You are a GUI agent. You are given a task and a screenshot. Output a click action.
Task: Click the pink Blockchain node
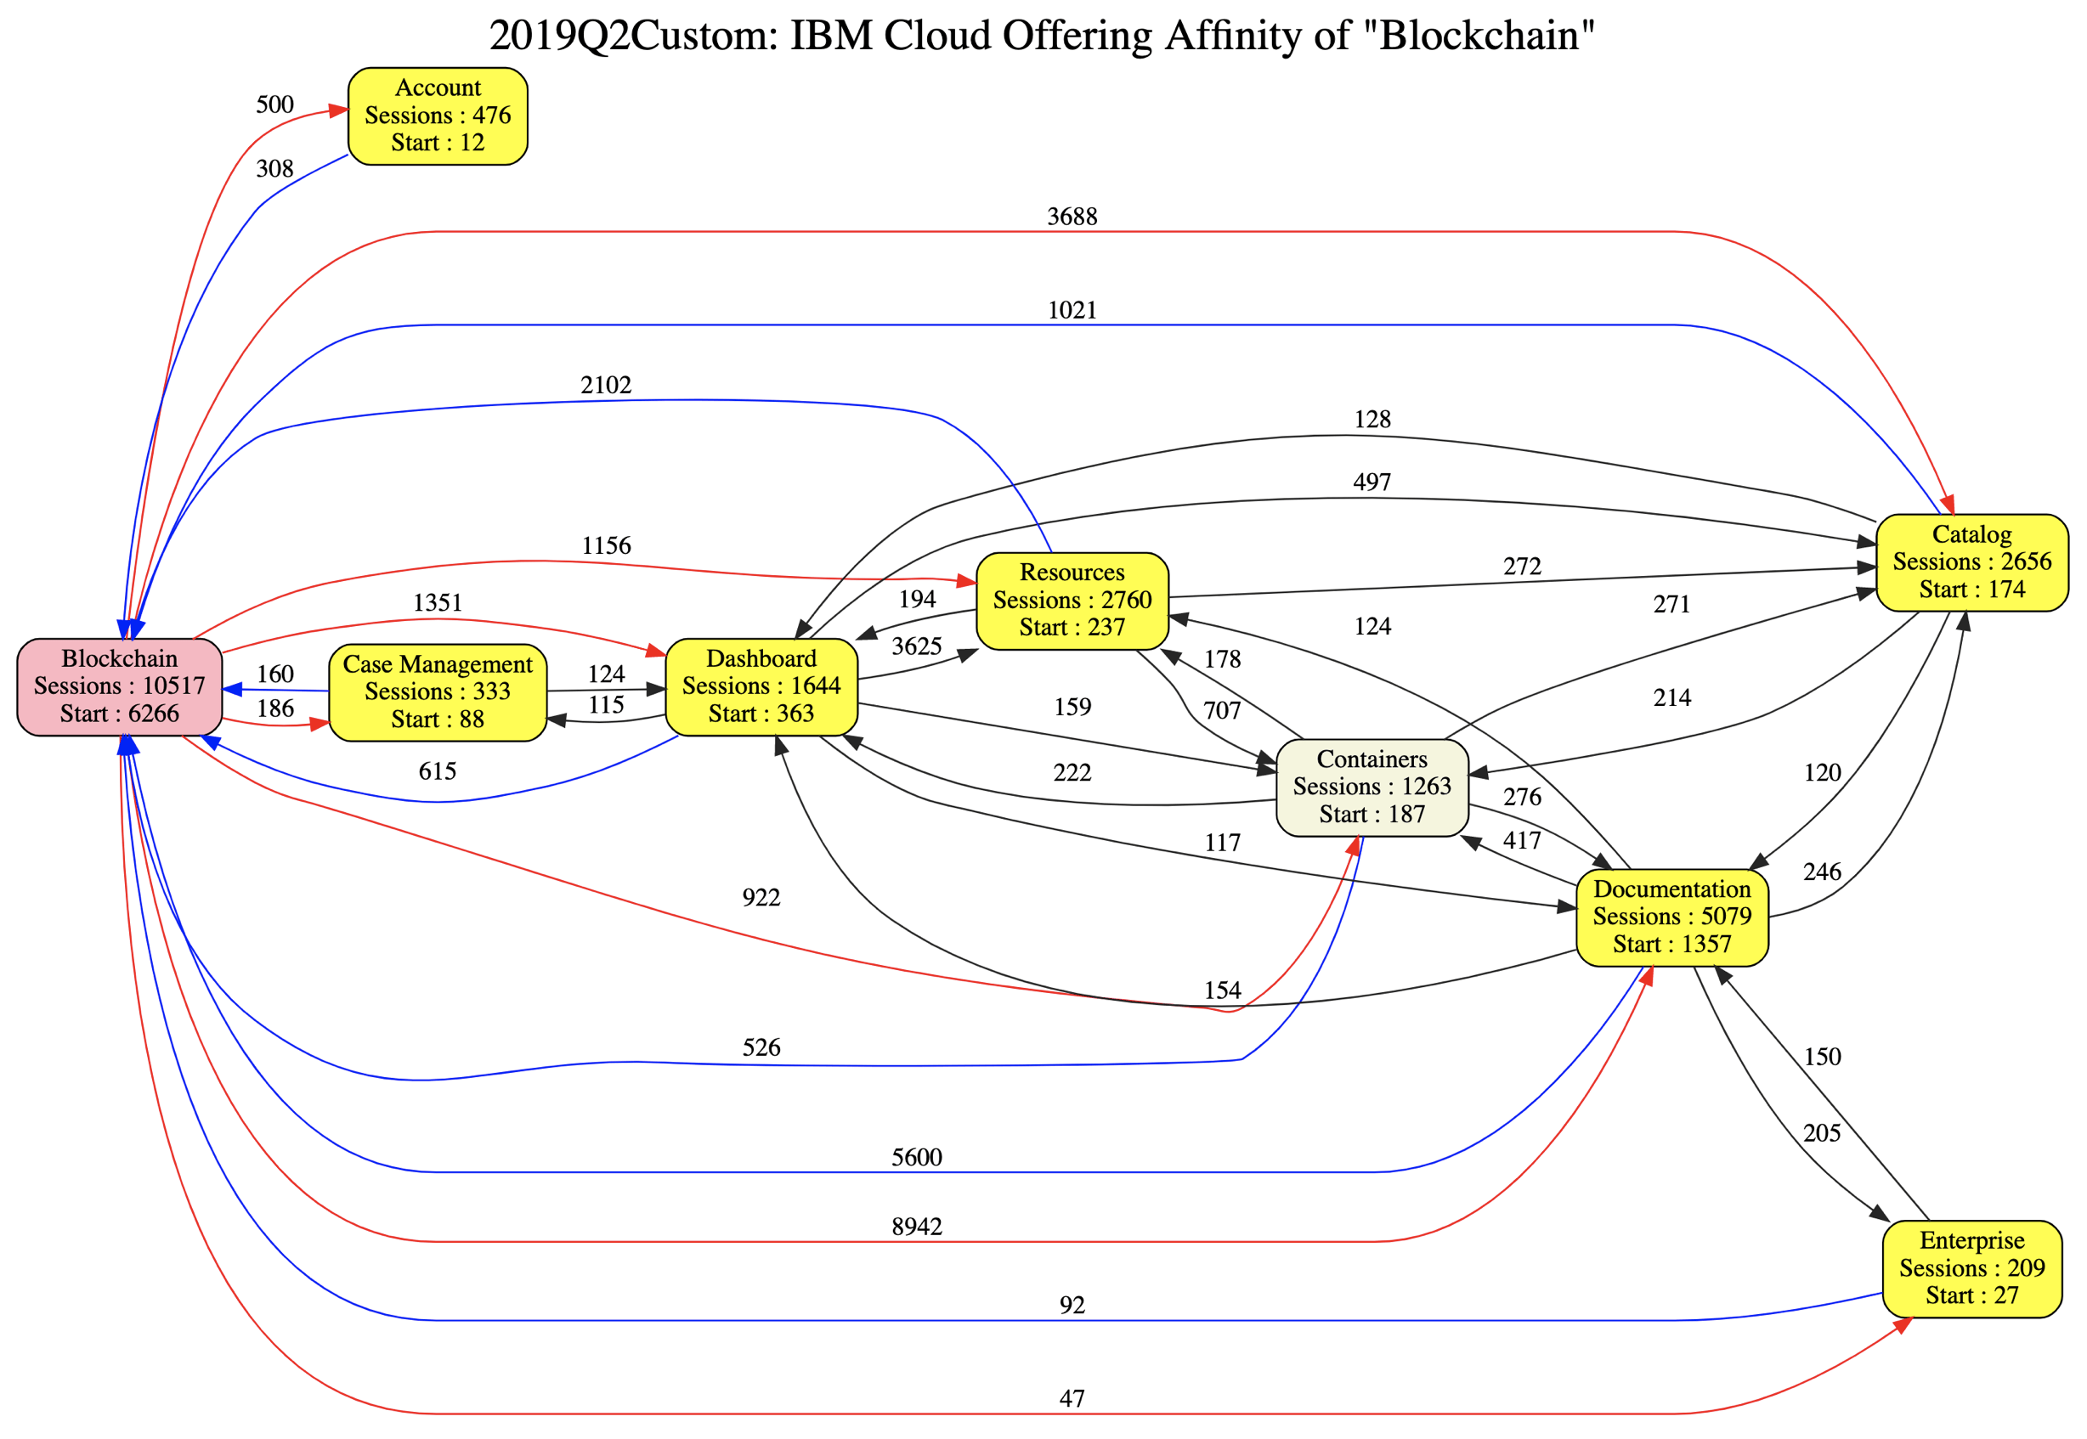(x=119, y=686)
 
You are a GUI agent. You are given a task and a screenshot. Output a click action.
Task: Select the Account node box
(x=438, y=116)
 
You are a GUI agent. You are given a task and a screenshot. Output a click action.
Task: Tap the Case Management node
(x=438, y=691)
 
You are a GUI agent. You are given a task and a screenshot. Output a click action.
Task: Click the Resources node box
(x=1072, y=601)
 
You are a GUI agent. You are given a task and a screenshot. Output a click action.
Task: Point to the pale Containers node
(x=1371, y=787)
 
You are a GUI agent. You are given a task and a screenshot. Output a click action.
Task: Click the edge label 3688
(x=1072, y=217)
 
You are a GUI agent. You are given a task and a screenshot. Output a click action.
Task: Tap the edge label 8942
(x=916, y=1227)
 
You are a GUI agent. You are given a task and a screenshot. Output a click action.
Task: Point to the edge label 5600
(x=916, y=1157)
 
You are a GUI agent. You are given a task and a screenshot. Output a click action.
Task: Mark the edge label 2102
(x=605, y=385)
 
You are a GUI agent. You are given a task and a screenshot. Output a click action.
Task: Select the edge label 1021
(x=1072, y=310)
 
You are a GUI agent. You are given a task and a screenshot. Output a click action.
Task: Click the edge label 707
(x=1222, y=710)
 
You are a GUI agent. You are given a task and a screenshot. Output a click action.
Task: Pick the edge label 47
(x=1072, y=1398)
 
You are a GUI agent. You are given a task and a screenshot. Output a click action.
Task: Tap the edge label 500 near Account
(x=274, y=104)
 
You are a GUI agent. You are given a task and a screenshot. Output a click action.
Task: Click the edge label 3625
(x=916, y=646)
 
